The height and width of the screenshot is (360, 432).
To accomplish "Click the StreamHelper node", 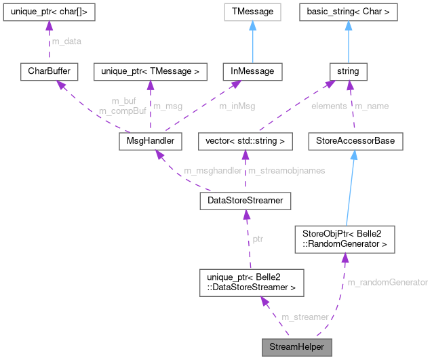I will (x=297, y=346).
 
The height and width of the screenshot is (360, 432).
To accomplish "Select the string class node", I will (x=348, y=71).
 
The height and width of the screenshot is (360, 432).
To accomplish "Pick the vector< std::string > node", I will (x=244, y=141).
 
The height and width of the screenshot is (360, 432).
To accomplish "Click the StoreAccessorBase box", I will (x=355, y=141).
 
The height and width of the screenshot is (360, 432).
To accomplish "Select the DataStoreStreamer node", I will (x=245, y=201).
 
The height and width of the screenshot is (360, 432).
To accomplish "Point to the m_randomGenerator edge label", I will (x=387, y=281).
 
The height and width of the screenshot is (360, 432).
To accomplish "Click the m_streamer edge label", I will (x=305, y=317).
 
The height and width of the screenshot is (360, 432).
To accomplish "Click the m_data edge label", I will (x=64, y=41).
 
